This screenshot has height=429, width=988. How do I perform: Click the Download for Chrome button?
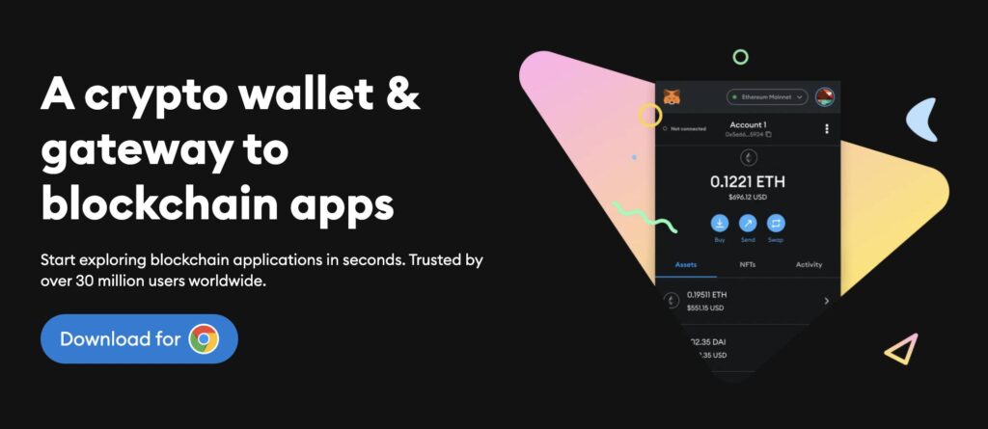pyautogui.click(x=139, y=338)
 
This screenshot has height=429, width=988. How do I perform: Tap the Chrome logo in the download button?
pyautogui.click(x=204, y=338)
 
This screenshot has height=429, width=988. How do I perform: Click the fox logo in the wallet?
pyautogui.click(x=672, y=96)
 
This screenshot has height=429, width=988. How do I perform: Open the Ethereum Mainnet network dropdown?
pyautogui.click(x=767, y=97)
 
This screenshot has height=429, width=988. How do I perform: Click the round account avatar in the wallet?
pyautogui.click(x=824, y=96)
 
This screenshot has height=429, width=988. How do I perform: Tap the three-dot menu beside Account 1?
pyautogui.click(x=827, y=128)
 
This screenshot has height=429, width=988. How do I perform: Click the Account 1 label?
pyautogui.click(x=748, y=124)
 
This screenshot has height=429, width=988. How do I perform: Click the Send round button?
pyautogui.click(x=748, y=222)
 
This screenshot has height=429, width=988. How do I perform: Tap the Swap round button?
pyautogui.click(x=777, y=222)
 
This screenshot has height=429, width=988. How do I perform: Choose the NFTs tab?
pyautogui.click(x=748, y=264)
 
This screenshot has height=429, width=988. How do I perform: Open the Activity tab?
pyautogui.click(x=809, y=264)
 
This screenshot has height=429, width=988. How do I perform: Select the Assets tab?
pyautogui.click(x=686, y=264)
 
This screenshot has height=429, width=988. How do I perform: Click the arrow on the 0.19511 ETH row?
pyautogui.click(x=827, y=301)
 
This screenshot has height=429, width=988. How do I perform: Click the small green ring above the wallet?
pyautogui.click(x=740, y=57)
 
